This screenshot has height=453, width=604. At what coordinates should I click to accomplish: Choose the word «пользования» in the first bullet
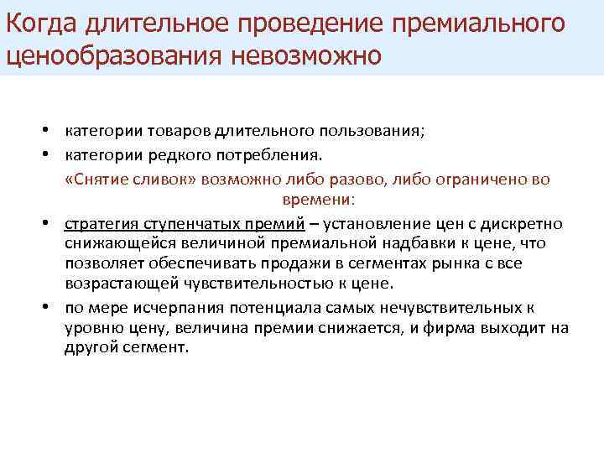click(375, 132)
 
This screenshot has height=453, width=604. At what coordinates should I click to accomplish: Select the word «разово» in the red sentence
click(356, 180)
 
